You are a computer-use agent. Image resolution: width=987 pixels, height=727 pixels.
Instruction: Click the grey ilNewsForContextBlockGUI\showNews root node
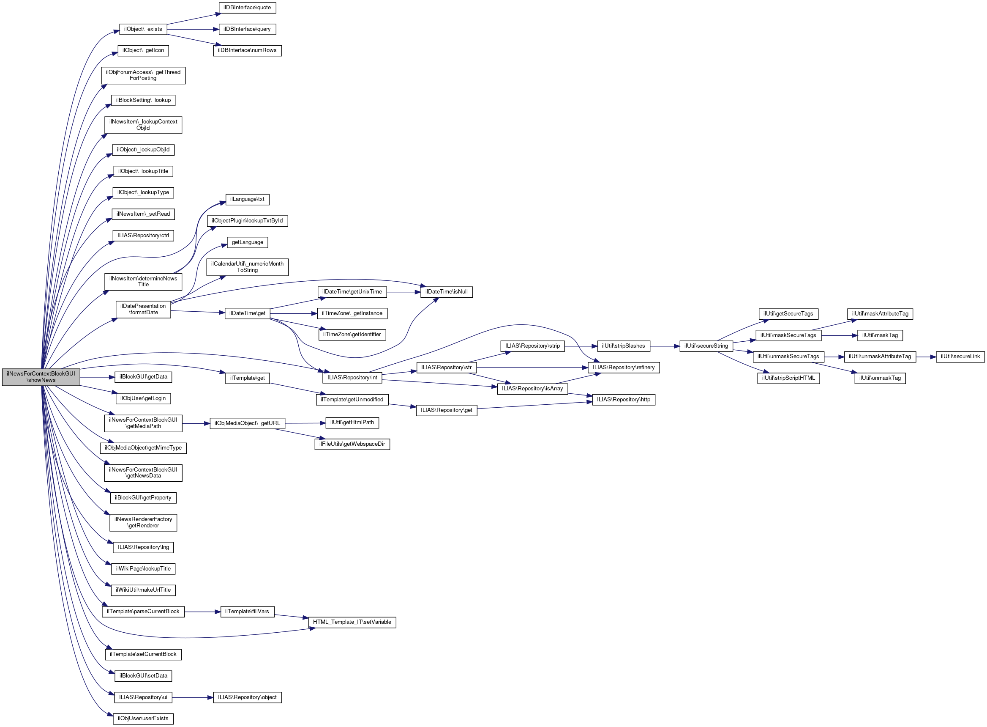[x=41, y=377]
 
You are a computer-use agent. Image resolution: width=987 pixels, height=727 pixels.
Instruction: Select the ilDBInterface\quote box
[x=247, y=8]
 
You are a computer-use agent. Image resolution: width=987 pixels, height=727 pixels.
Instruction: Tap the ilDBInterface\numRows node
[x=247, y=50]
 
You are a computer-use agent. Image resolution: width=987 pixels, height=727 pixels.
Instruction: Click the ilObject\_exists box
[x=143, y=29]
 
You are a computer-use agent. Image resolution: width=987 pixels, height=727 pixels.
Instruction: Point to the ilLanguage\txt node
[x=247, y=199]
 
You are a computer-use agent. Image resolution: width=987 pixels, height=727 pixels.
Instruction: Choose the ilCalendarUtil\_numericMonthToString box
[x=247, y=267]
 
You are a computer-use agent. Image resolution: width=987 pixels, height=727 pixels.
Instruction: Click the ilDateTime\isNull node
[x=446, y=291]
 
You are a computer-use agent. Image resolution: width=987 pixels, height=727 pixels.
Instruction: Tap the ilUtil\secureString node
[x=706, y=346]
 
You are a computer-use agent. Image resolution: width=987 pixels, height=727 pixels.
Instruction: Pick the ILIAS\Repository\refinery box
[x=623, y=367]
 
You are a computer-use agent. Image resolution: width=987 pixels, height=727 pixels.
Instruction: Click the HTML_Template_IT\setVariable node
[x=352, y=622]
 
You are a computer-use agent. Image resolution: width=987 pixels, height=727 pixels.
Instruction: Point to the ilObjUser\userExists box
[x=143, y=718]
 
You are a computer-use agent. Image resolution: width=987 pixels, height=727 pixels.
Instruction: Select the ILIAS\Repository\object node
[x=247, y=697]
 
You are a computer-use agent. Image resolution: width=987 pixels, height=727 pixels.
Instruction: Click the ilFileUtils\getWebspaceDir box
[x=352, y=444]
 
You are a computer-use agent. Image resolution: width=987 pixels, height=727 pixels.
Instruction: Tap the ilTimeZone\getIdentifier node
[x=352, y=334]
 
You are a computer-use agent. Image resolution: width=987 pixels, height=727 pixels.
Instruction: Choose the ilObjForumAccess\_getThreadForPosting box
[x=143, y=75]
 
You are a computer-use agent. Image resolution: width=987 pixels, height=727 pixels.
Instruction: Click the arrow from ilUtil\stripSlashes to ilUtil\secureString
[x=665, y=346]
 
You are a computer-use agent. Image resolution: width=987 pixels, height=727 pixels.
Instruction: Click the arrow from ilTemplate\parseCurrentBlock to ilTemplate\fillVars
[x=202, y=611]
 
